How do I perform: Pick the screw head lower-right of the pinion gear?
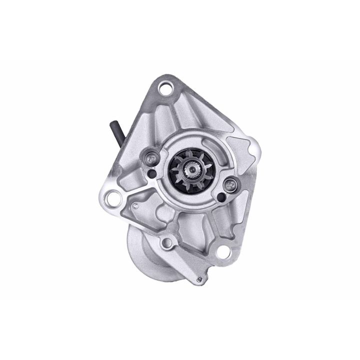231,184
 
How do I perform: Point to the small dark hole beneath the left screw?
151,173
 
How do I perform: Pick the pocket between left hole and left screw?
131,175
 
